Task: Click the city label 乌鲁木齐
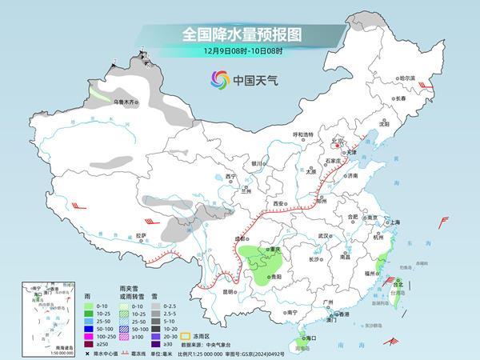[x=126, y=102]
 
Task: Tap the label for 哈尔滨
[x=408, y=78]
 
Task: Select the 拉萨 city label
[x=142, y=235]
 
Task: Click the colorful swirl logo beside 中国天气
[x=218, y=79]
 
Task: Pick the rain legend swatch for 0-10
[x=86, y=305]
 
